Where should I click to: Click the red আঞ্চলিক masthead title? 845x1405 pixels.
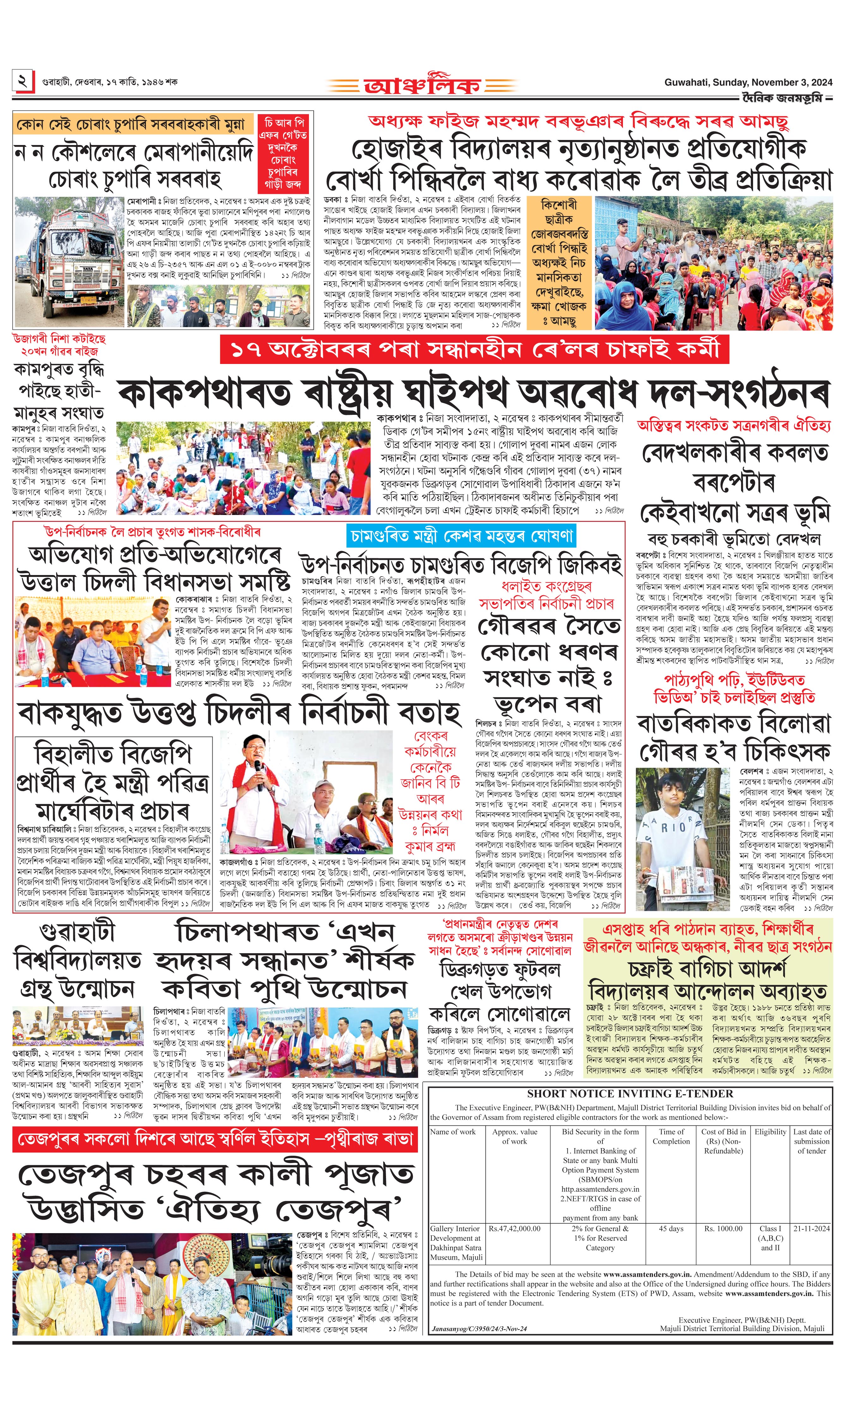coord(423,85)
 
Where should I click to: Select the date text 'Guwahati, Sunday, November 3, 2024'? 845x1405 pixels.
coord(748,82)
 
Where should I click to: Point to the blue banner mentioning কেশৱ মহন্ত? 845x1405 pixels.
coord(461,536)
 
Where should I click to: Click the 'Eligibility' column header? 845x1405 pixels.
coord(770,1132)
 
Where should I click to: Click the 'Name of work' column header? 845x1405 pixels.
coord(453,1132)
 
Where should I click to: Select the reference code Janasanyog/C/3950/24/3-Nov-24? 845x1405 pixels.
coord(479,1328)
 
